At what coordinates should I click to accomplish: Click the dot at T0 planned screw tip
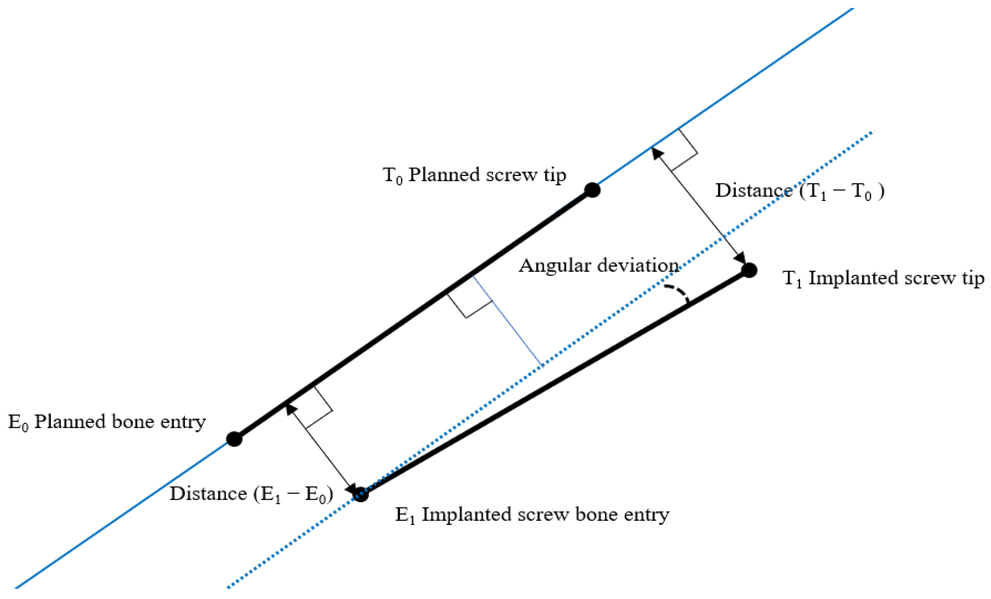point(592,190)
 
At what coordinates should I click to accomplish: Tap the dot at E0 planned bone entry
point(234,439)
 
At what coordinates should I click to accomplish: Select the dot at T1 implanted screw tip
point(749,270)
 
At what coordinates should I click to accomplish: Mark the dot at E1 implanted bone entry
point(361,494)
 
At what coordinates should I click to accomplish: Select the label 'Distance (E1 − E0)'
point(251,494)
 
